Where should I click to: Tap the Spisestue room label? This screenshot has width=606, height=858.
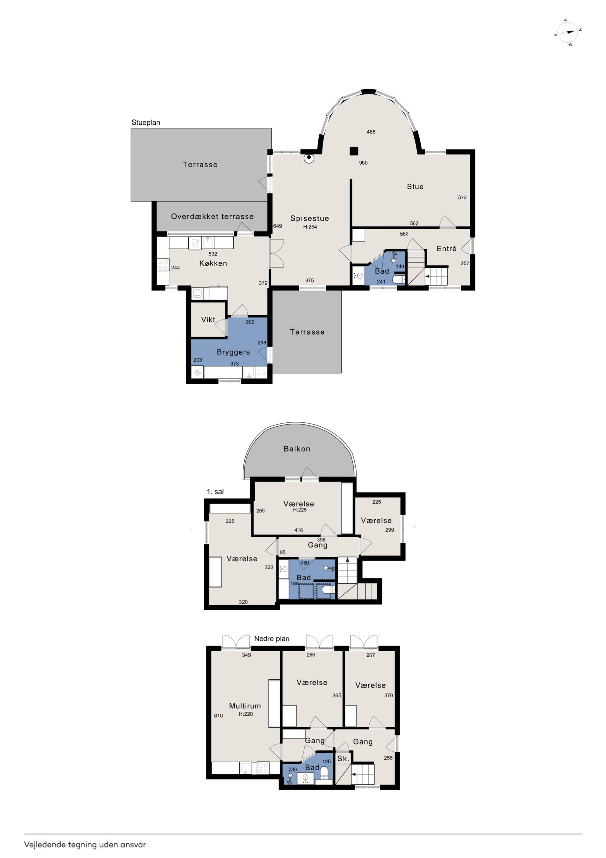point(310,218)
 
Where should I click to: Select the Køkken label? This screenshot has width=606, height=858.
point(213,263)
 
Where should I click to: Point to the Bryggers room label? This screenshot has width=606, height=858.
point(233,352)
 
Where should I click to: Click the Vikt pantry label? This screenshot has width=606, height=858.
point(208,320)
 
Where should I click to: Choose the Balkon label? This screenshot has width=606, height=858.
point(297,449)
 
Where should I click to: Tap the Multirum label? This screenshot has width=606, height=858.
point(245,706)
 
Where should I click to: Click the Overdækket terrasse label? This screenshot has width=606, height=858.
point(212,216)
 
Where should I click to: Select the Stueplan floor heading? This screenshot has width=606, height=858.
point(146,122)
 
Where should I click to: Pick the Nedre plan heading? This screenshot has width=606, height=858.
point(272,639)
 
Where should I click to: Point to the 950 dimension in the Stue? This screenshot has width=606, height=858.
point(363,163)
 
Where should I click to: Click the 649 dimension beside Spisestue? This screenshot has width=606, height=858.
point(277,226)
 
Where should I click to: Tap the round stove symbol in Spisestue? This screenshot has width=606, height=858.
point(309,158)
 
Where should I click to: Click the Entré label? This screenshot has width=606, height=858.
point(446,248)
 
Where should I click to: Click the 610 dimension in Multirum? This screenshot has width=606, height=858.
point(218,716)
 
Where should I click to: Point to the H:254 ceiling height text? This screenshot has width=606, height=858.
point(310,227)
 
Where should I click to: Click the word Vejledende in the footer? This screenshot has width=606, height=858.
point(45,844)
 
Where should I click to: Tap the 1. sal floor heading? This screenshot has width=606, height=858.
point(215,492)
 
